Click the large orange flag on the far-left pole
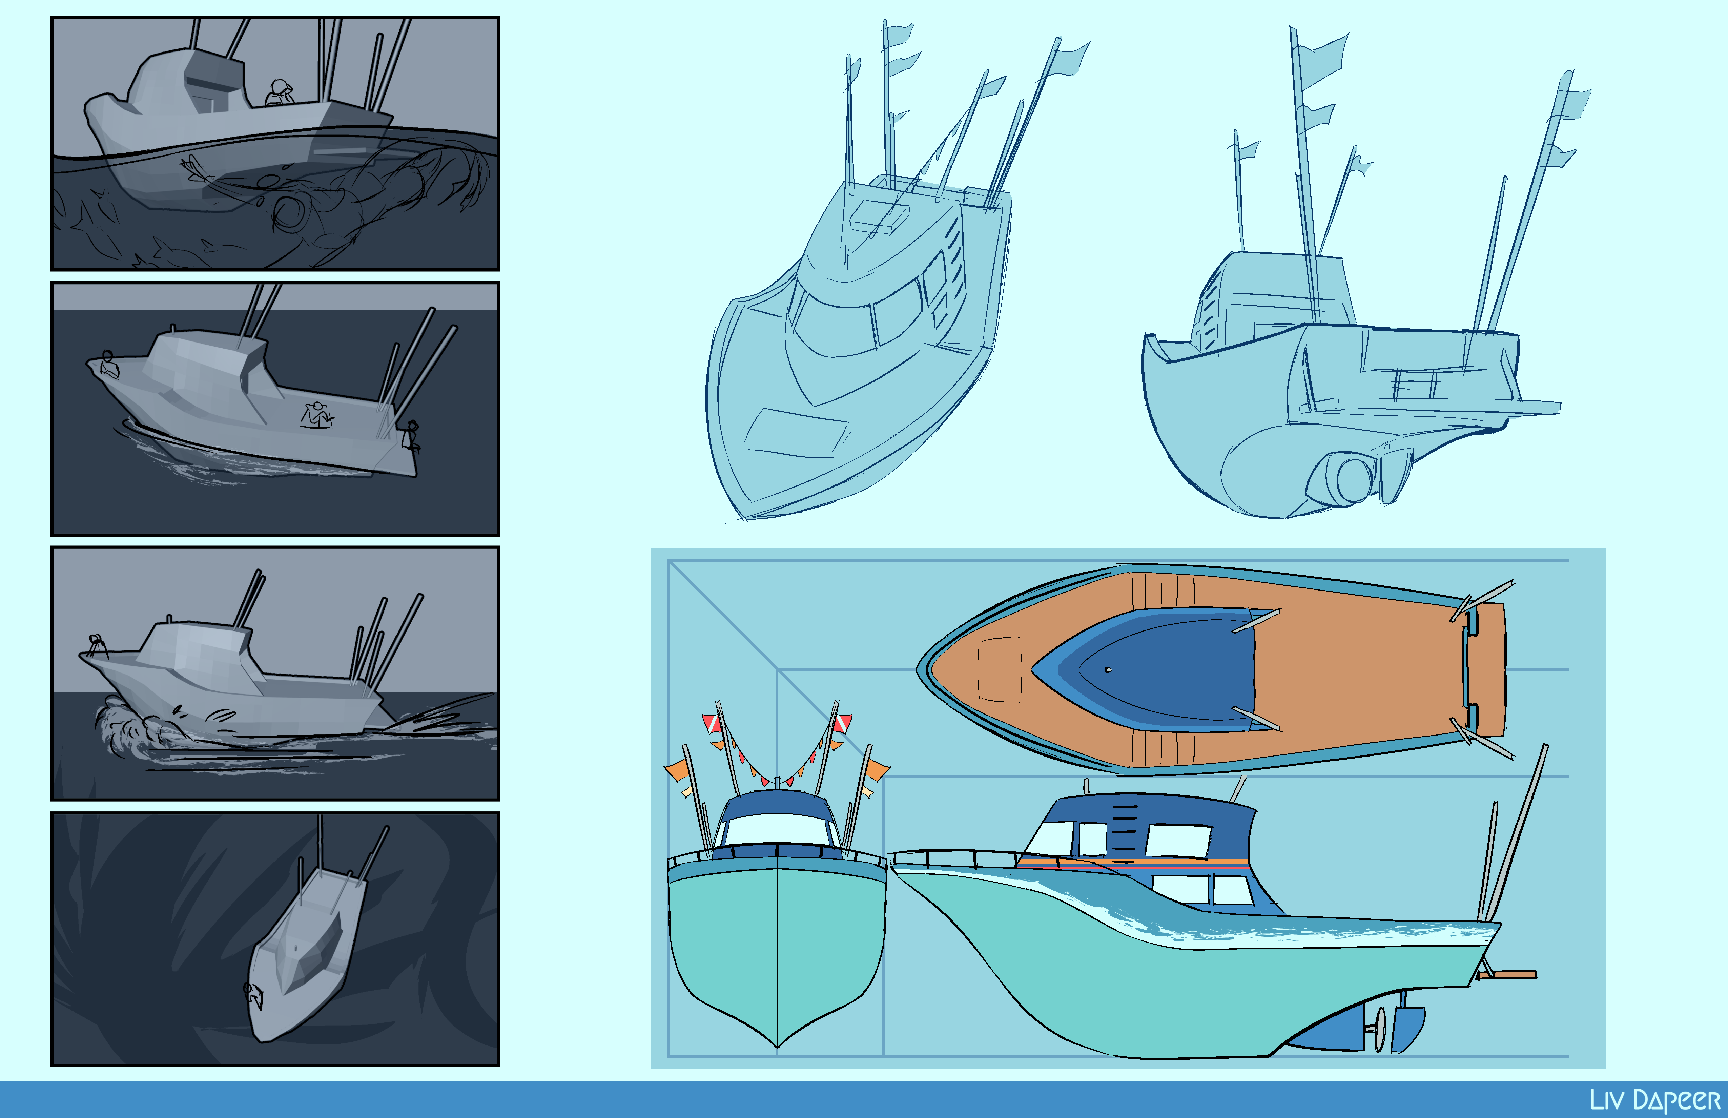pos(675,769)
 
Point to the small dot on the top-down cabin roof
pos(1108,669)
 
